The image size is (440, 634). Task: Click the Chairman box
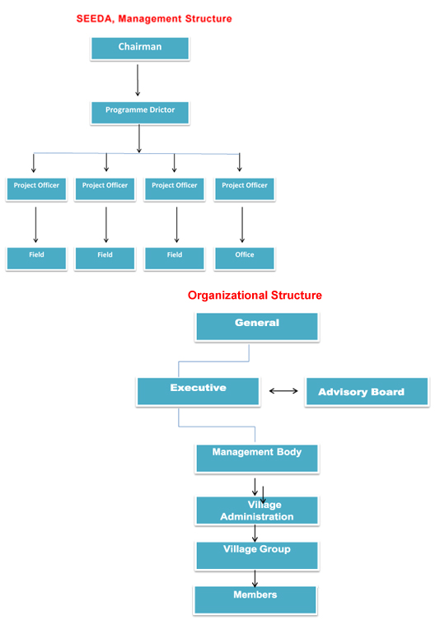(139, 49)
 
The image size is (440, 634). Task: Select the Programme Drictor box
(139, 113)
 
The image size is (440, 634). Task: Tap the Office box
(245, 259)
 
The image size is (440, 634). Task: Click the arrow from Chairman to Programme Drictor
(138, 80)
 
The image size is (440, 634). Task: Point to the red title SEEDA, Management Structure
(154, 19)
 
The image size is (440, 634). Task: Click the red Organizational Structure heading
(255, 295)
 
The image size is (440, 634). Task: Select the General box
(257, 327)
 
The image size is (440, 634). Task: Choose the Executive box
(198, 391)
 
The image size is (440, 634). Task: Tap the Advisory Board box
(367, 391)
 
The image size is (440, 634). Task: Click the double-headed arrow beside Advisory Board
(283, 391)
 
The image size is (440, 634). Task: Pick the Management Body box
(257, 458)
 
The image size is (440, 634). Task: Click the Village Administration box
(257, 510)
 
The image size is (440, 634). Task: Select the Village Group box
(257, 556)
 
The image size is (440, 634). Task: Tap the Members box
(255, 600)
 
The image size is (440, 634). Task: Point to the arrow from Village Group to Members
(255, 579)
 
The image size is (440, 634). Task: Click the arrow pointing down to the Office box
(242, 225)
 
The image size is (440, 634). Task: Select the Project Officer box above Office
(245, 189)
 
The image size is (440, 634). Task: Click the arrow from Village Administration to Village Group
(255, 534)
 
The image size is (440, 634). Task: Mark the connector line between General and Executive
(213, 361)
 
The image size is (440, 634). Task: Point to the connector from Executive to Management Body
(217, 427)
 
